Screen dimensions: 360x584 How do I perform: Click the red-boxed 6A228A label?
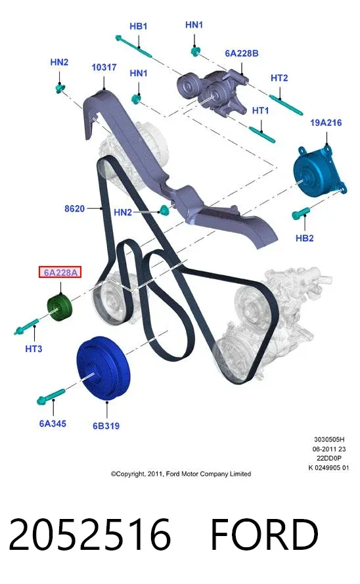pyautogui.click(x=60, y=273)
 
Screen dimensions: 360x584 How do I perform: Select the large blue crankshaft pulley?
pyautogui.click(x=104, y=369)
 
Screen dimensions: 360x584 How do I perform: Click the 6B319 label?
pyautogui.click(x=106, y=426)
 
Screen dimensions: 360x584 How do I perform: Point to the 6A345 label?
pyautogui.click(x=53, y=424)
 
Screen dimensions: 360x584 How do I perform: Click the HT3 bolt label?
pyautogui.click(x=34, y=349)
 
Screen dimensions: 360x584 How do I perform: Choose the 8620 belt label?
pyautogui.click(x=74, y=209)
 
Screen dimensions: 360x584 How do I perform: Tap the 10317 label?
pyautogui.click(x=104, y=68)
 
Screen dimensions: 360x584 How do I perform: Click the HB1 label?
pyautogui.click(x=138, y=26)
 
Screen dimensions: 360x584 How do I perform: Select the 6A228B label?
pyautogui.click(x=242, y=53)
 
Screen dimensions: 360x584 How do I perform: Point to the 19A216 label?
pyautogui.click(x=326, y=123)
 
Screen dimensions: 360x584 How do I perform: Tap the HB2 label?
pyautogui.click(x=305, y=238)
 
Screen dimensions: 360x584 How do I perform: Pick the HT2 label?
pyautogui.click(x=279, y=78)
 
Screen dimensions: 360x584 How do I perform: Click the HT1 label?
pyautogui.click(x=260, y=110)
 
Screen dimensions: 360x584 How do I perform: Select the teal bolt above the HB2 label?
pyautogui.click(x=301, y=213)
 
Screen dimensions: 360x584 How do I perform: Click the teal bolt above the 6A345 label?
pyautogui.click(x=51, y=396)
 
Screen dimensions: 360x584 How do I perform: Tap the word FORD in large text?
pyautogui.click(x=264, y=535)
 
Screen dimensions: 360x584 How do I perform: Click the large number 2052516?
pyautogui.click(x=90, y=535)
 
